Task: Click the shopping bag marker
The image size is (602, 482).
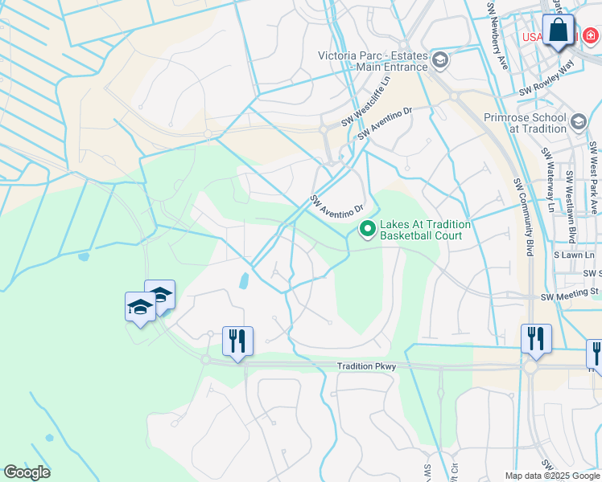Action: tap(558, 32)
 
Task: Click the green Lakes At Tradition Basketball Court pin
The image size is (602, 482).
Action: tap(368, 231)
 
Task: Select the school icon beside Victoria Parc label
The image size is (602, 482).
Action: tap(440, 59)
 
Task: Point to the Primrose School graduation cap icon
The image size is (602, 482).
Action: tap(579, 122)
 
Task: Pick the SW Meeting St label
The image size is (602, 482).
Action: tap(571, 296)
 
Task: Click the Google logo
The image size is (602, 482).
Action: tap(27, 472)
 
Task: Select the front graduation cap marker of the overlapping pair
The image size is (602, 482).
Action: tap(141, 308)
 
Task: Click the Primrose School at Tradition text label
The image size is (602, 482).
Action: tap(526, 123)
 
